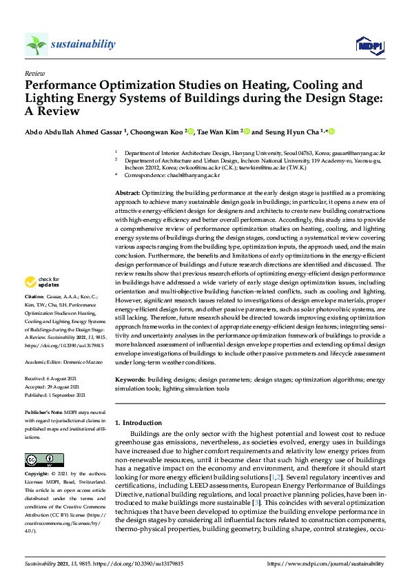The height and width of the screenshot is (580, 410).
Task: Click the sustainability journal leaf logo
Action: coord(36,44)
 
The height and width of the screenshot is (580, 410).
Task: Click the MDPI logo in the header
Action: coord(369,45)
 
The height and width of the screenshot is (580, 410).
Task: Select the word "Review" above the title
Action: coord(34,72)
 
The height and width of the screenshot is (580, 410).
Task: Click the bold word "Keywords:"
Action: coord(130,379)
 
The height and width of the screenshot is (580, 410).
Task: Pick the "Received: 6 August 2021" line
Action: coord(52,379)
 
